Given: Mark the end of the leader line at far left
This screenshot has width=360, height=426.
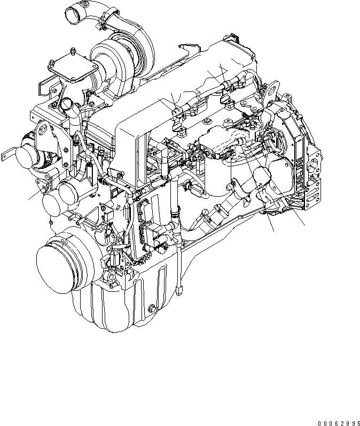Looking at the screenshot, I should [x=29, y=198].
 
